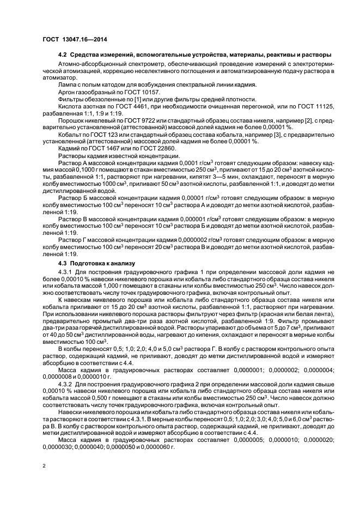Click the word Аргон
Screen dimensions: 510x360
click(x=67, y=92)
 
